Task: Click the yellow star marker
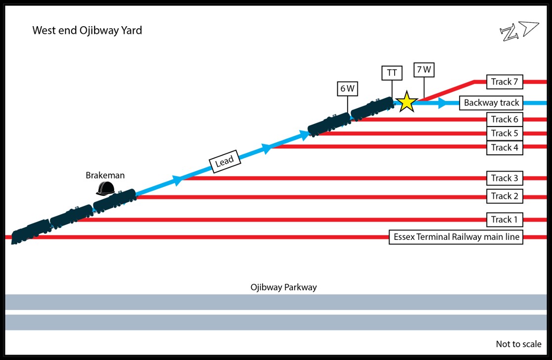click(407, 101)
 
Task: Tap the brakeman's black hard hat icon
click(105, 188)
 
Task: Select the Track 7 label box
click(505, 82)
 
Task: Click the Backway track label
click(491, 103)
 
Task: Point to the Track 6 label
click(505, 119)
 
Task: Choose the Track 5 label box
click(505, 133)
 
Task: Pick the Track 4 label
click(505, 147)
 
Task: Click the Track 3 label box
click(505, 178)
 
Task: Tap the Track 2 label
click(505, 196)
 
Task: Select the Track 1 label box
click(505, 220)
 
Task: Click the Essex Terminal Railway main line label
click(456, 237)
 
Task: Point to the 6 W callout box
click(347, 89)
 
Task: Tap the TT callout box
click(392, 73)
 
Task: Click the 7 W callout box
click(424, 70)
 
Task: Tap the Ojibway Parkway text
click(283, 287)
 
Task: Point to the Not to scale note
click(518, 344)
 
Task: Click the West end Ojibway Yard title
click(87, 31)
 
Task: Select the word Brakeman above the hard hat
click(105, 175)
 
